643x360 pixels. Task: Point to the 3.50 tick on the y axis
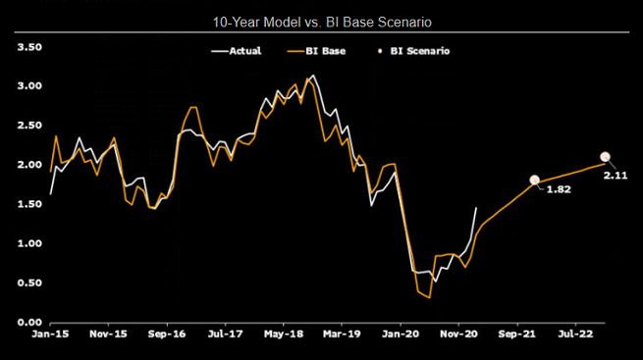coord(28,47)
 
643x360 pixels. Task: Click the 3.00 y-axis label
coord(28,86)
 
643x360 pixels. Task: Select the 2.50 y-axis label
coord(28,126)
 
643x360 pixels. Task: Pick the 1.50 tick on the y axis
coord(28,204)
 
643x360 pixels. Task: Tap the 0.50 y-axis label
coord(28,283)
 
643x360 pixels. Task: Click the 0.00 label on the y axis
coord(28,322)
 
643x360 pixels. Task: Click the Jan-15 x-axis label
coord(50,334)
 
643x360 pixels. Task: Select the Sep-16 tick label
coord(167,334)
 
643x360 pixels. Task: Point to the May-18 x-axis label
coord(283,334)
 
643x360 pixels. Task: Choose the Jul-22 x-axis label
coord(574,334)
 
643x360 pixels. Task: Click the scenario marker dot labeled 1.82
coord(535,180)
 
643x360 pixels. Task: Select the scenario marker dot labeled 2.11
coord(605,157)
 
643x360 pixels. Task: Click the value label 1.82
coord(558,189)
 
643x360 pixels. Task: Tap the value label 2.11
coord(616,175)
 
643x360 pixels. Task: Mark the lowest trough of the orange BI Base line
coord(430,296)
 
